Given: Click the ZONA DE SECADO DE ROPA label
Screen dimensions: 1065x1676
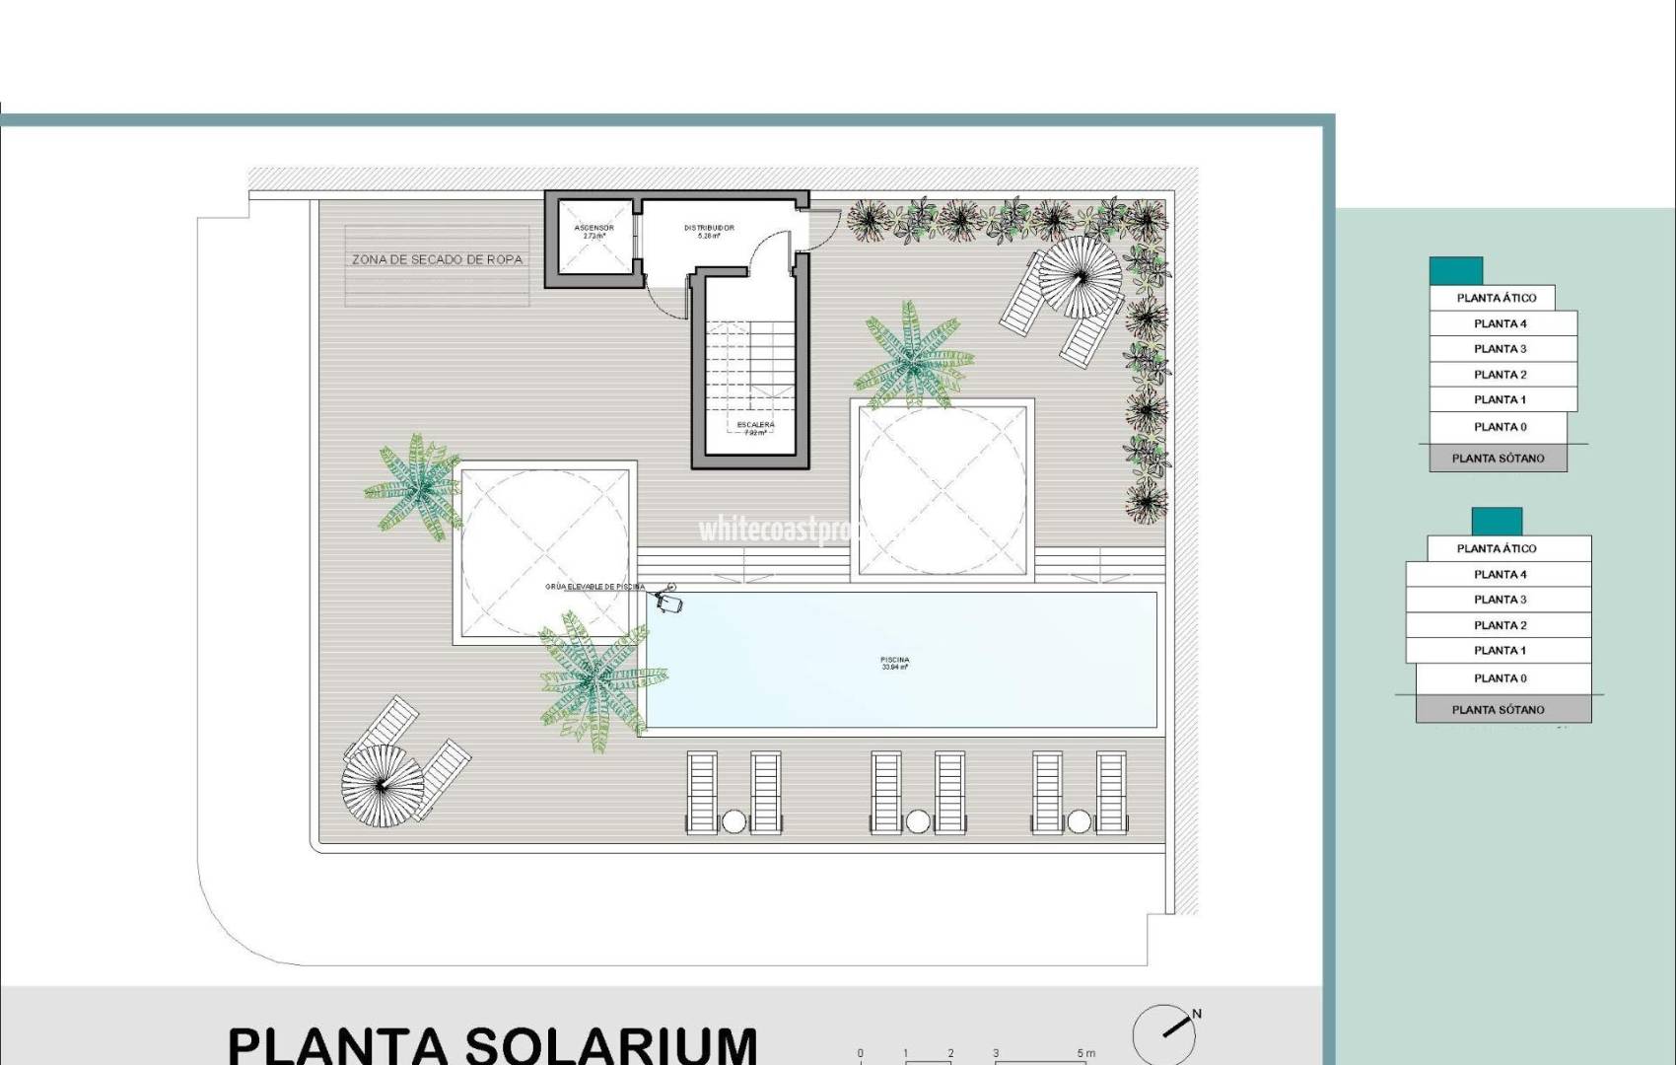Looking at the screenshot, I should click(x=437, y=260).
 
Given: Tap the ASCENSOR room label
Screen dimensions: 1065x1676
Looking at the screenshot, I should click(x=594, y=229).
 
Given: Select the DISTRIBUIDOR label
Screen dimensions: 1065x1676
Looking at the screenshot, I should click(x=709, y=229).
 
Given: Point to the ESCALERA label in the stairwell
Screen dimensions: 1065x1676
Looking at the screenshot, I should click(x=755, y=425).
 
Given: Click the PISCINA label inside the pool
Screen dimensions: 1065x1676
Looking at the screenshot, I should click(x=895, y=661).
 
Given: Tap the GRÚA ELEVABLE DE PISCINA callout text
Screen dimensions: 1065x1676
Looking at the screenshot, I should click(x=594, y=587).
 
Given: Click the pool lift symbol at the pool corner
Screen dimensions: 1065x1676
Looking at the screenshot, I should click(x=668, y=598).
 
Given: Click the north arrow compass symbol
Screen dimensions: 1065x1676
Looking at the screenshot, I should click(x=1165, y=1031).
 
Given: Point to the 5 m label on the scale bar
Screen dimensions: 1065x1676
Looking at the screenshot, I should click(x=1085, y=1053).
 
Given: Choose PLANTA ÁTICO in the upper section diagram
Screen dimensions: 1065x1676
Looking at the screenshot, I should click(x=1496, y=298).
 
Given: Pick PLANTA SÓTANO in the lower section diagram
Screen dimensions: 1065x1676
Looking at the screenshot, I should click(x=1498, y=709).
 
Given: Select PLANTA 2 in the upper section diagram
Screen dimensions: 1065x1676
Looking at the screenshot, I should click(x=1500, y=375).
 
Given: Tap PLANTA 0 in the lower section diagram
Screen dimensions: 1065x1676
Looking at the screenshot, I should click(x=1500, y=678).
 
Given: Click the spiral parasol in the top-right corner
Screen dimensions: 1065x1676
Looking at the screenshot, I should click(x=1082, y=277).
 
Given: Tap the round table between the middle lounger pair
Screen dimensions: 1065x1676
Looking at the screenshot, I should click(x=918, y=820).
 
